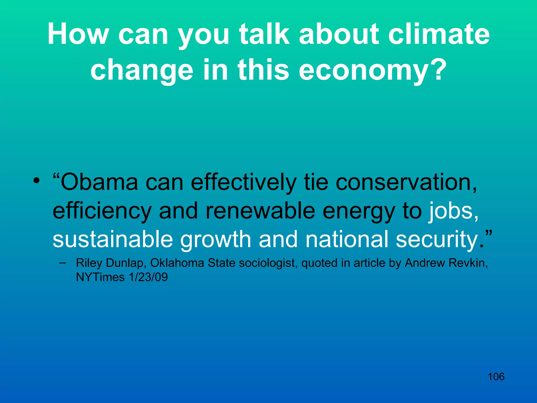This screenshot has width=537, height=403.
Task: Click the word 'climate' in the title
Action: click(439, 34)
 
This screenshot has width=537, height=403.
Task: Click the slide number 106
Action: click(496, 377)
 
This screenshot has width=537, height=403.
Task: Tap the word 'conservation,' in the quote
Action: click(406, 182)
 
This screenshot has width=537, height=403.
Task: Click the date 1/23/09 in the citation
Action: click(148, 277)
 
